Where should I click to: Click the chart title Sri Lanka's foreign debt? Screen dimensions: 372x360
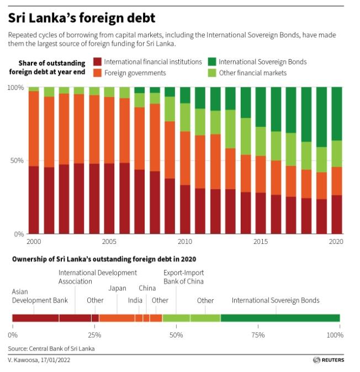(x=81, y=18)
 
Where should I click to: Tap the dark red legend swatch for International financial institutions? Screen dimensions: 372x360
(x=97, y=62)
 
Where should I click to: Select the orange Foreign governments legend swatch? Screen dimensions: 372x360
(x=97, y=73)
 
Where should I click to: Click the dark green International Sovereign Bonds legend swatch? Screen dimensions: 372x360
(x=212, y=62)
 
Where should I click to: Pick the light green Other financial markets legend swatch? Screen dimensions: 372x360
(x=212, y=73)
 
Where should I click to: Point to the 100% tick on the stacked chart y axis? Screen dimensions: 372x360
(x=15, y=88)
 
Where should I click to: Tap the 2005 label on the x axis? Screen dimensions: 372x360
(x=109, y=242)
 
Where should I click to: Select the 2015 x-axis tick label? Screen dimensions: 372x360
(x=261, y=242)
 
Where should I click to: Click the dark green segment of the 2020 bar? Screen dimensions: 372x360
(x=336, y=114)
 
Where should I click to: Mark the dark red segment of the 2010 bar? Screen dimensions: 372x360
(x=185, y=209)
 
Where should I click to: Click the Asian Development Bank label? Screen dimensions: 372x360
(x=40, y=296)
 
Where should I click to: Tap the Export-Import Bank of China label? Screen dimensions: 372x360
(x=183, y=277)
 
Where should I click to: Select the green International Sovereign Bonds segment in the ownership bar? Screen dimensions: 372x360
(x=280, y=318)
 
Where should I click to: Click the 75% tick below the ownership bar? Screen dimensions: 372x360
(x=257, y=334)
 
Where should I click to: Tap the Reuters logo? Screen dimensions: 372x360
(x=328, y=360)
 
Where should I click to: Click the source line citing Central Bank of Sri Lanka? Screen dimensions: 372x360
(x=51, y=349)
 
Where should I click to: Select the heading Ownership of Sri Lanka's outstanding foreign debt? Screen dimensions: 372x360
(x=102, y=258)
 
